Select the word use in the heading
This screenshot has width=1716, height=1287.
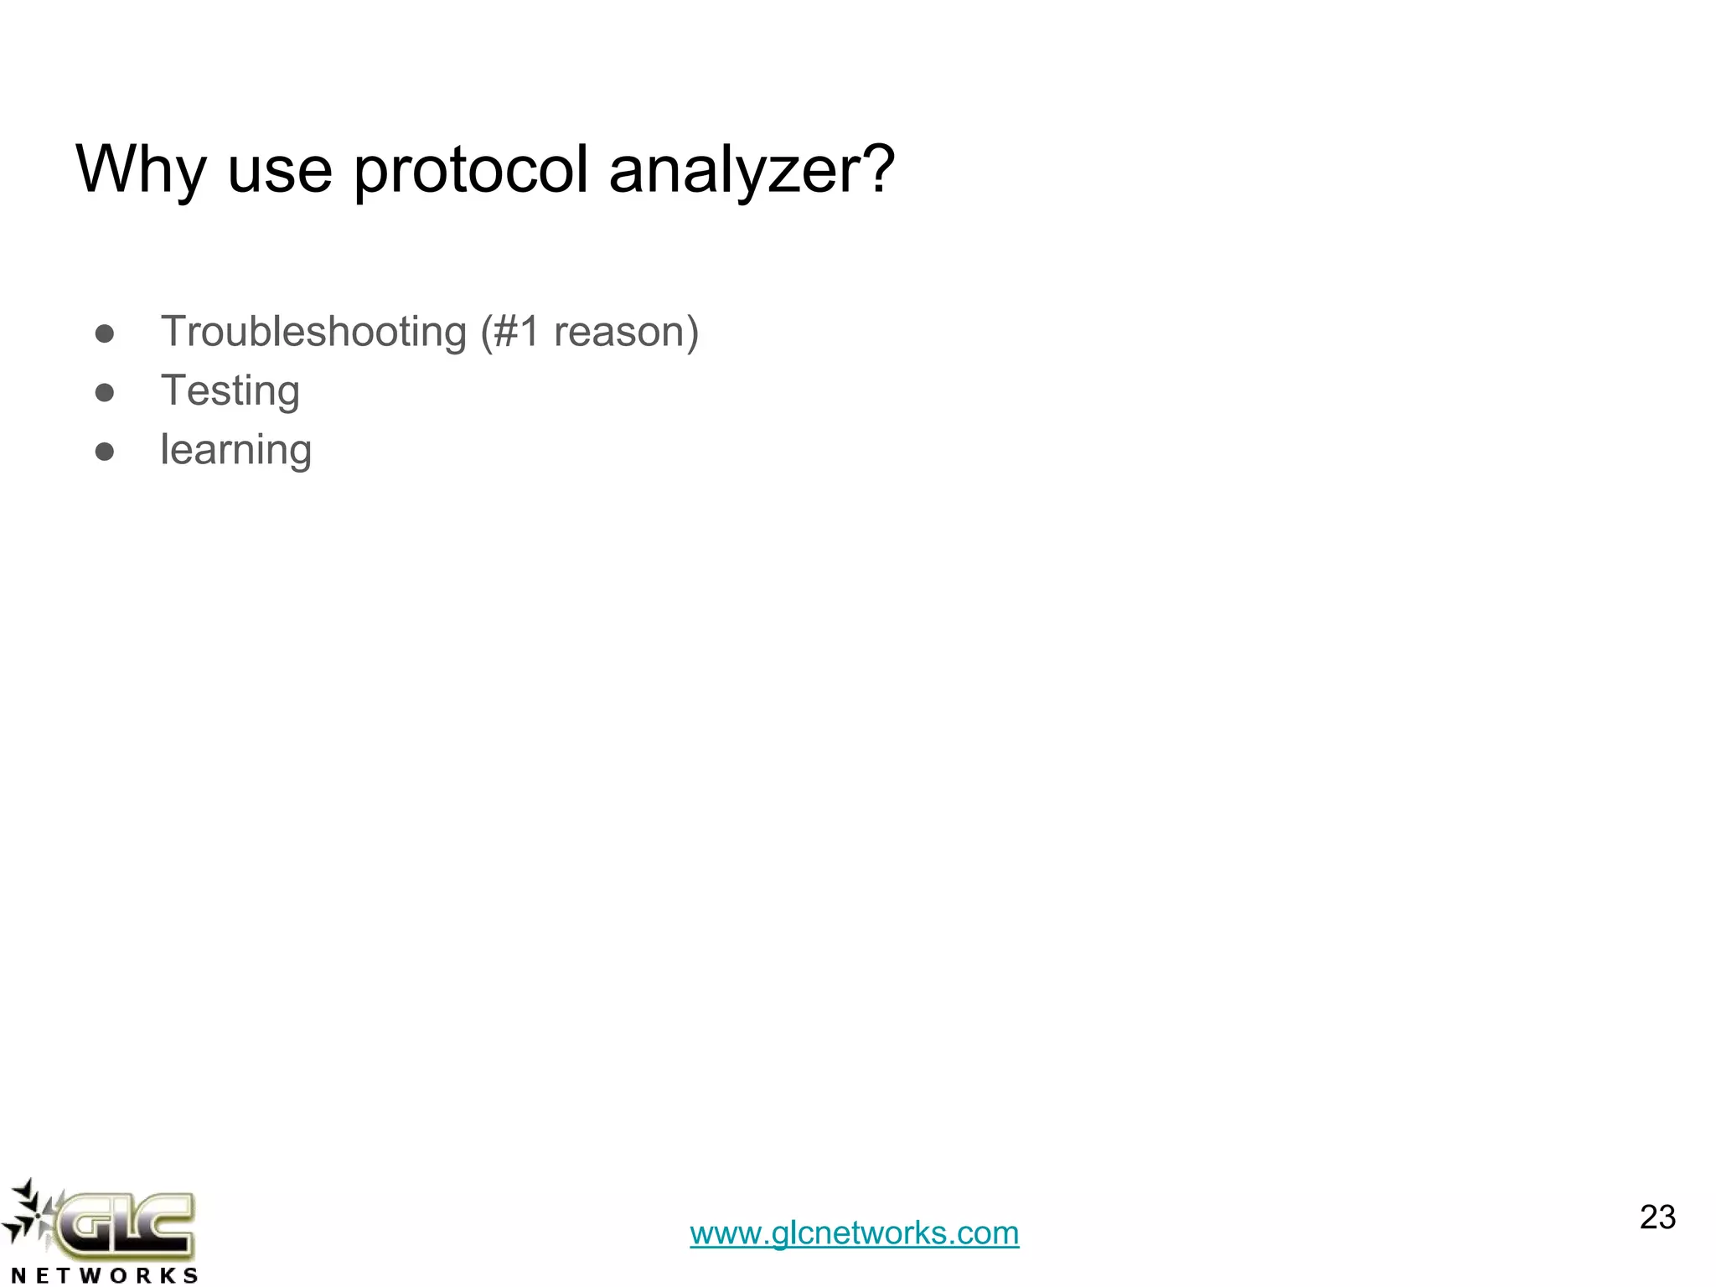[280, 170]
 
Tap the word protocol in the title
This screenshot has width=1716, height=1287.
[471, 170]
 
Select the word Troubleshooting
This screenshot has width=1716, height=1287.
[313, 332]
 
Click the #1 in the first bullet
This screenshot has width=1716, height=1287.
[517, 332]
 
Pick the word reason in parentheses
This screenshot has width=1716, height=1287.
[620, 332]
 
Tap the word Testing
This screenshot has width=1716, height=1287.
[230, 391]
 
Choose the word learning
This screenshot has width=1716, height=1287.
[236, 451]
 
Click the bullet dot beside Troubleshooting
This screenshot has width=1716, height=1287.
[105, 334]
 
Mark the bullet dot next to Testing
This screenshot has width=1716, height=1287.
[105, 393]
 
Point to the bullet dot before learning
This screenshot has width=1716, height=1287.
[105, 452]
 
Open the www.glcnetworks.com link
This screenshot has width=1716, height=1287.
[854, 1233]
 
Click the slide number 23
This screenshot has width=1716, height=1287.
[1657, 1217]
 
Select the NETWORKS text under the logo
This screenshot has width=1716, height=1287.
[105, 1275]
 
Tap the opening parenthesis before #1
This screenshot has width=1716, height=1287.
[486, 332]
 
